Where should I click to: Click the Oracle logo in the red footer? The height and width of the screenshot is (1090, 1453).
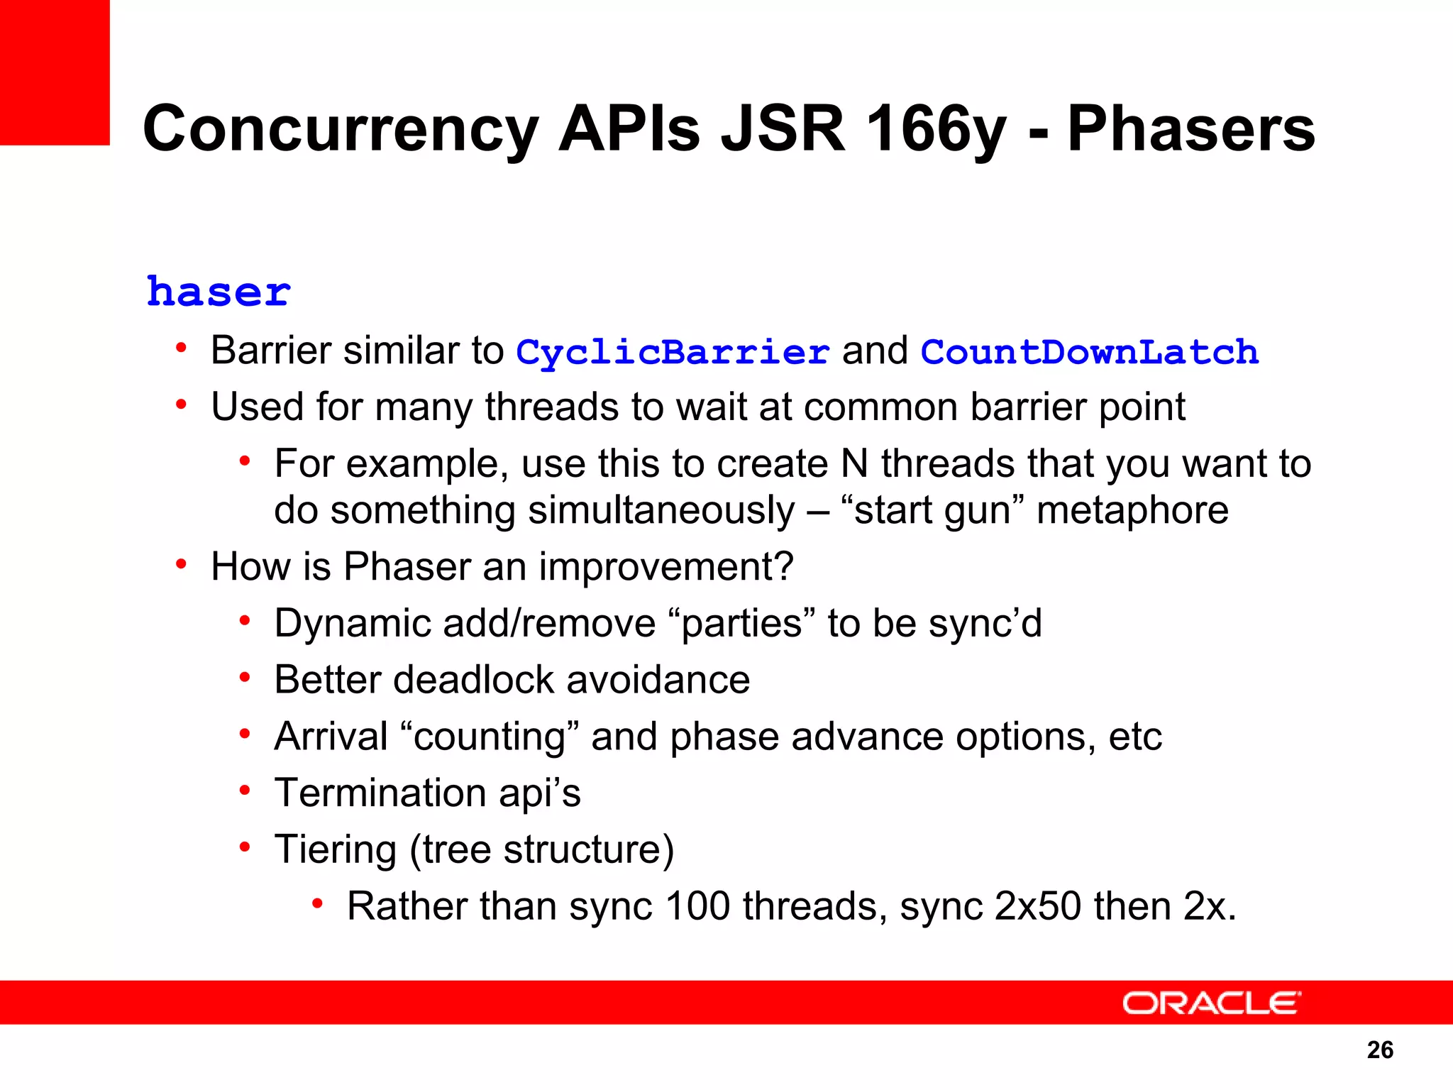[x=1211, y=1003]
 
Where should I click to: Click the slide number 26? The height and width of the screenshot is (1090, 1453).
[x=1380, y=1050]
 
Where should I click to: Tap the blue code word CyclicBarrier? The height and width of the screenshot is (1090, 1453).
[x=672, y=352]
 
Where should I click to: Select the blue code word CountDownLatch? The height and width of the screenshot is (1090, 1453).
[x=1089, y=352]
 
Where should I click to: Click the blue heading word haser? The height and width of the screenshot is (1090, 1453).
[x=219, y=292]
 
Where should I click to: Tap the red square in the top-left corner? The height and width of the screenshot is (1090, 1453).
[x=55, y=71]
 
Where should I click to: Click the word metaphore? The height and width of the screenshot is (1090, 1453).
[x=1132, y=510]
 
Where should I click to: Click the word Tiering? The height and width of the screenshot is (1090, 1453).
[x=335, y=849]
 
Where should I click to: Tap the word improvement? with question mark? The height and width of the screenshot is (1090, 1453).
[x=665, y=567]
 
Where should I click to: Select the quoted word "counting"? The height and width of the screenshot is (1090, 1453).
[x=490, y=737]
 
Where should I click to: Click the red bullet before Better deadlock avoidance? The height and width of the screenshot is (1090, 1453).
[x=245, y=678]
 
